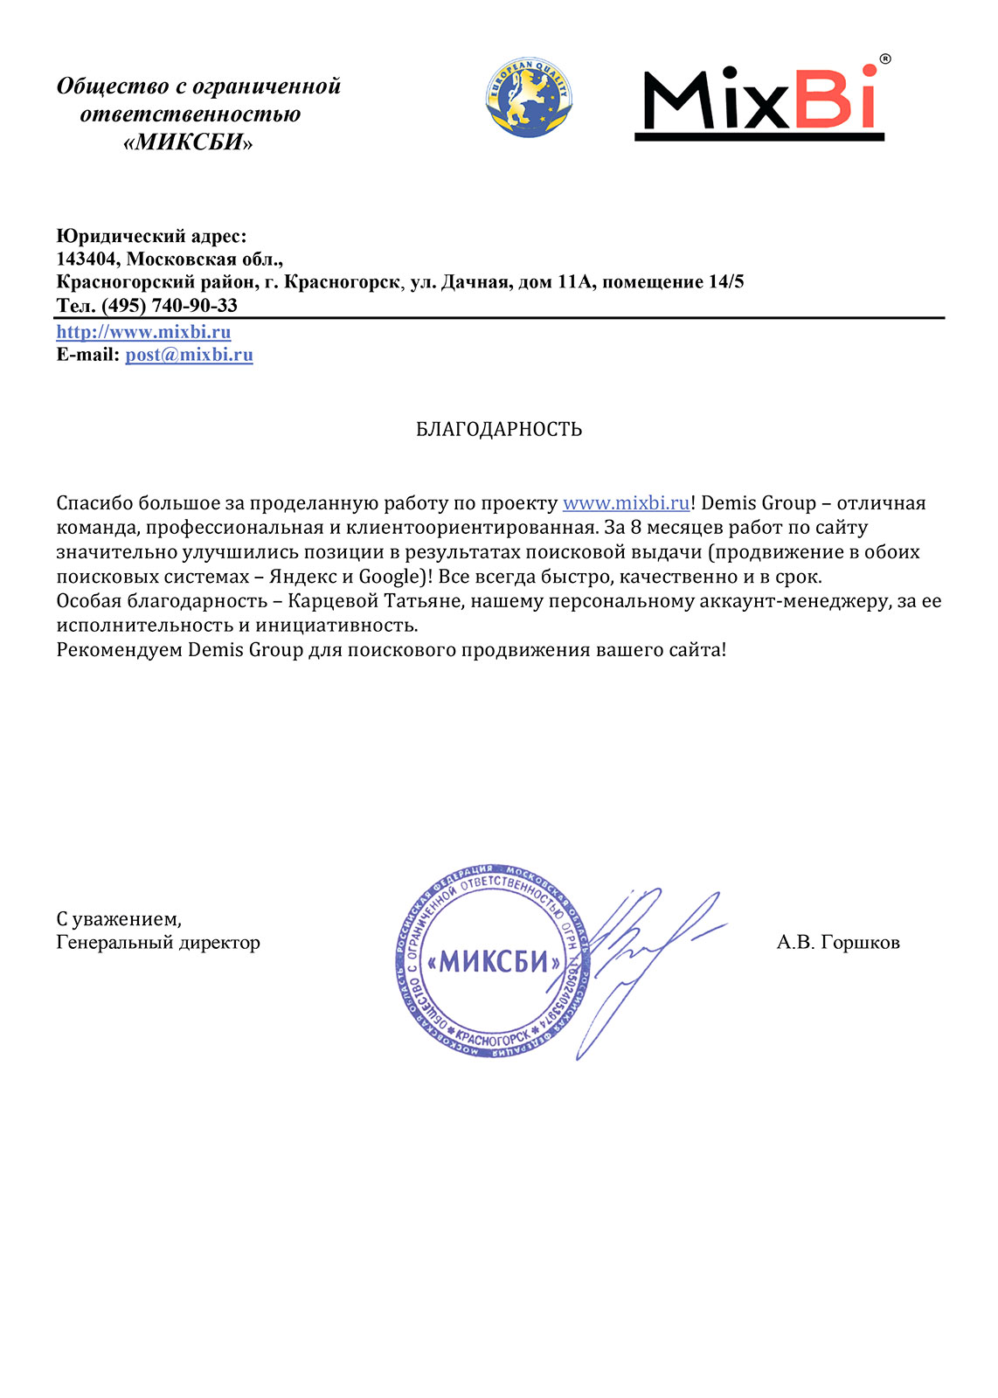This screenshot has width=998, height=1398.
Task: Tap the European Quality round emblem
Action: [528, 97]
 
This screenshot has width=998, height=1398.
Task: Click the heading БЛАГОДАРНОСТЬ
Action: [499, 429]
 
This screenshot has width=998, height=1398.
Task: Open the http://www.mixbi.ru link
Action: [143, 332]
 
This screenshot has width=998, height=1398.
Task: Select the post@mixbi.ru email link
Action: [189, 355]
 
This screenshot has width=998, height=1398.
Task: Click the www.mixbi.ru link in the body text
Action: [626, 503]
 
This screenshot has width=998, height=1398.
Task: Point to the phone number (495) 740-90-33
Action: [170, 306]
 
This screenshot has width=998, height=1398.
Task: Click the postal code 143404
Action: [86, 260]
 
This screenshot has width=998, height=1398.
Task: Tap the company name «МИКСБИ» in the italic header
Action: [188, 142]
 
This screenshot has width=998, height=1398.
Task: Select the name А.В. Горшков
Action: [837, 943]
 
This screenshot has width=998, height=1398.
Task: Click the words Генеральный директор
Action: [158, 943]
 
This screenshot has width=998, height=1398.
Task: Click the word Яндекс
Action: [302, 577]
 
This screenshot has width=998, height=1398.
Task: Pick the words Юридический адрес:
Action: [151, 236]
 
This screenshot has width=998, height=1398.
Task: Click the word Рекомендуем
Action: [119, 650]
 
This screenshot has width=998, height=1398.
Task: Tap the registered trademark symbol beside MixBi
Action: [884, 59]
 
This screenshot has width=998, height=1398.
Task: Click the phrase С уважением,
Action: [119, 919]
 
